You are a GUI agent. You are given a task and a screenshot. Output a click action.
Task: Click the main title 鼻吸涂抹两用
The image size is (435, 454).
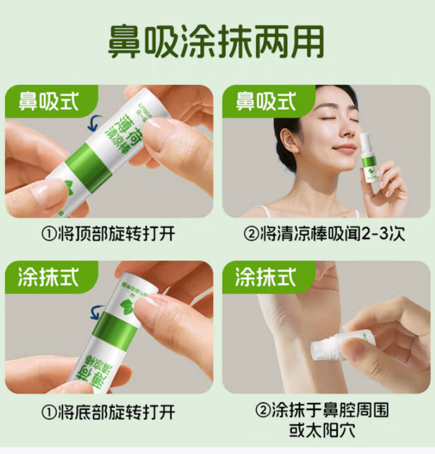(216, 42)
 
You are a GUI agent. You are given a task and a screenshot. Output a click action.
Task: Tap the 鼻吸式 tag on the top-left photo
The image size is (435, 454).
(49, 101)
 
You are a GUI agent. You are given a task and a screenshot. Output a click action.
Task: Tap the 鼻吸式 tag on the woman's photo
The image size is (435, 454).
(266, 101)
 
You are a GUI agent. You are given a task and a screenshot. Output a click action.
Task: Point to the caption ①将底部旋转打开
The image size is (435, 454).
(108, 411)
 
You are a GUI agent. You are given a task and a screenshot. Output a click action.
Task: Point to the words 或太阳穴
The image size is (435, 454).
(325, 430)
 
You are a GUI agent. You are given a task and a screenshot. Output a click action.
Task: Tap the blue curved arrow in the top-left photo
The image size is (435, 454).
(94, 123)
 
